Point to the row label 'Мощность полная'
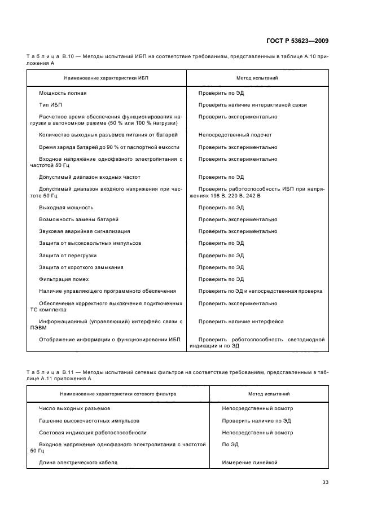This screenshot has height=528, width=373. [63, 93]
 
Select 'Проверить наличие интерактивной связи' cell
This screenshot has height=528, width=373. [253, 105]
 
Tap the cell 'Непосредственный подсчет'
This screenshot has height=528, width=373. [235, 135]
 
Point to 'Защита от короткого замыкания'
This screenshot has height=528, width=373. [81, 267]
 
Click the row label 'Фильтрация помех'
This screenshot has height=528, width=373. [64, 279]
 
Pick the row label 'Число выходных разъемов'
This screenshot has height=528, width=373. [74, 408]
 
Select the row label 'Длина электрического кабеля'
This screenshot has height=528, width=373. [78, 463]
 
